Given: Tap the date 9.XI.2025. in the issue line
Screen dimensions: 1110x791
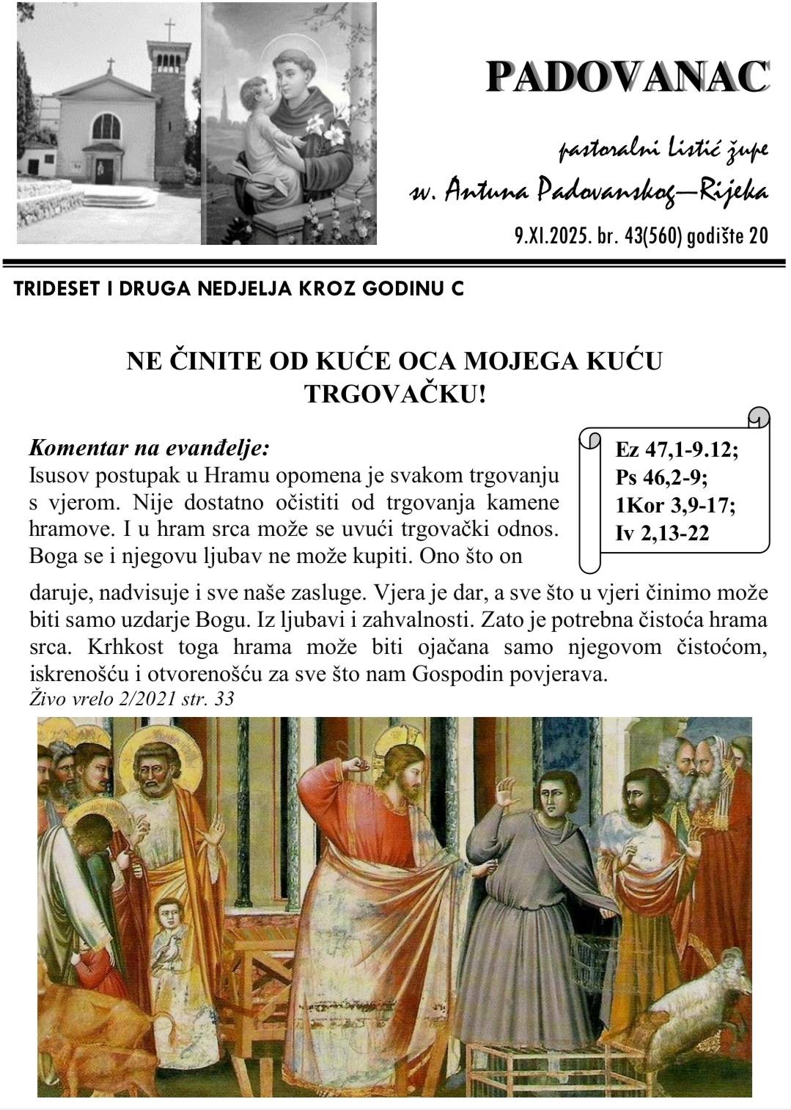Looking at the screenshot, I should pyautogui.click(x=546, y=236).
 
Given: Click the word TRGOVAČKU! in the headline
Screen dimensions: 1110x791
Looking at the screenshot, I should pyautogui.click(x=395, y=394).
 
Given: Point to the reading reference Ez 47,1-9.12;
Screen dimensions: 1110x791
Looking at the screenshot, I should pyautogui.click(x=677, y=450).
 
